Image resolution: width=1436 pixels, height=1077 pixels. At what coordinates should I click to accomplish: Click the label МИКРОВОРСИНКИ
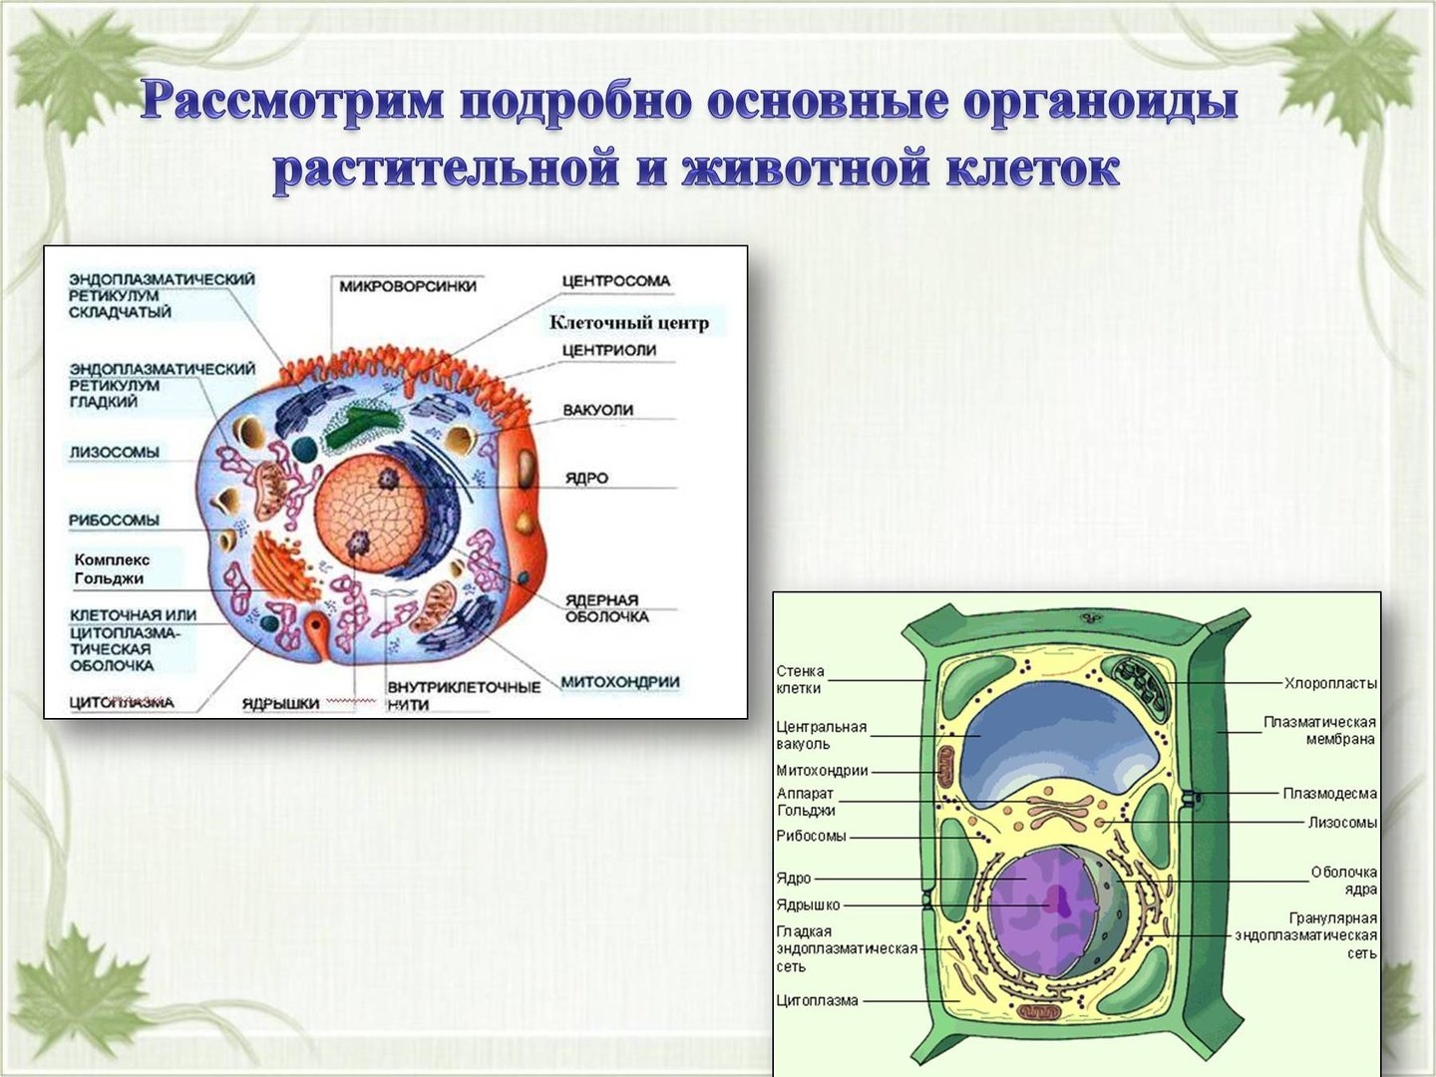[x=408, y=286]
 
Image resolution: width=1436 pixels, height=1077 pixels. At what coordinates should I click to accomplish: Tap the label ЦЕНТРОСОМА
[x=616, y=281]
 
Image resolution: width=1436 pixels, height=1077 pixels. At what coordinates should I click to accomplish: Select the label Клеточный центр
[x=628, y=322]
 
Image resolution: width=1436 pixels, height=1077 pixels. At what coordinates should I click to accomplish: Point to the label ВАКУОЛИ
[x=598, y=410]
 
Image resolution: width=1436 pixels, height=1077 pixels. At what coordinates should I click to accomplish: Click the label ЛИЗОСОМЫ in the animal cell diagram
[x=115, y=452]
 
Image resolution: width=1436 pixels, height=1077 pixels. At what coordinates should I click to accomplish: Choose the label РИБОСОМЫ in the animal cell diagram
[x=114, y=521]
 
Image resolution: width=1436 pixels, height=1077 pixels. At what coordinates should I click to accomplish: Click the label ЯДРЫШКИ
[x=280, y=704]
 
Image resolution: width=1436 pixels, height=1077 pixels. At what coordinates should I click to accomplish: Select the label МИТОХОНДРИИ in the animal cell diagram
[x=620, y=682]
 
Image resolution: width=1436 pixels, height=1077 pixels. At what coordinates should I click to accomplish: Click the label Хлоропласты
[x=1330, y=684]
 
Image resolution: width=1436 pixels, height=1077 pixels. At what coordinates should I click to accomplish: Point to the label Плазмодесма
[x=1330, y=794]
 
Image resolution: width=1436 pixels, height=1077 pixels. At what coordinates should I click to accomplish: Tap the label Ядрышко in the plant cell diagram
[x=808, y=905]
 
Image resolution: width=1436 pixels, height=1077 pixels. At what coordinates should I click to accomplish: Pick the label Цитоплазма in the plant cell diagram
[x=817, y=1000]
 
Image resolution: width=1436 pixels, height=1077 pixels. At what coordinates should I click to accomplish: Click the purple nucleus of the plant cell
[x=1040, y=912]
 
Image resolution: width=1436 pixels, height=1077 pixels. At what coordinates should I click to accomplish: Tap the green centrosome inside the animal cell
[x=361, y=425]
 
